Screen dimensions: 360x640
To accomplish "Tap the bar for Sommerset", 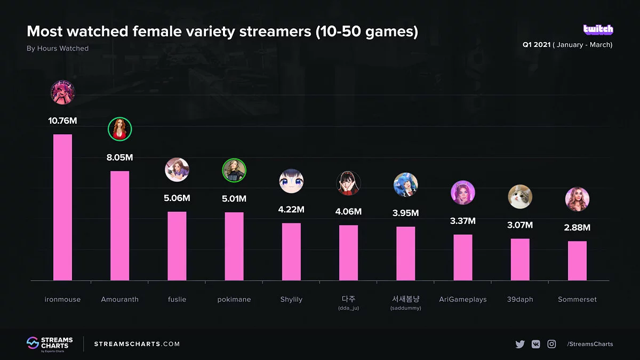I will (577, 261).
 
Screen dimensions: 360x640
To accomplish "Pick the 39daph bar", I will (520, 259).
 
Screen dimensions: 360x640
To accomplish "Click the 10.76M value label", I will (62, 121).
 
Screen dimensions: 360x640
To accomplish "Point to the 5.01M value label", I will (234, 199).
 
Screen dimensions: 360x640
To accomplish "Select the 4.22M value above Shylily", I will (291, 210).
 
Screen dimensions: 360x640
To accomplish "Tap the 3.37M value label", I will (462, 221).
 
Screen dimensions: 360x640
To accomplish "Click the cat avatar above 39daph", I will (520, 196).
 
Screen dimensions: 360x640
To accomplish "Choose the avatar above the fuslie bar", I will (177, 170).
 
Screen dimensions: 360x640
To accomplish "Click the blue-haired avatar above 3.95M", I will (405, 185).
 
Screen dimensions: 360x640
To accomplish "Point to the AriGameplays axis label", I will (462, 299).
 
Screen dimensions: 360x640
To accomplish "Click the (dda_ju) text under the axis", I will (348, 308).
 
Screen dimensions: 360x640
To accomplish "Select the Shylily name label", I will (291, 299).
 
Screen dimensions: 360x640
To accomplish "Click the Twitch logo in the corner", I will (598, 30).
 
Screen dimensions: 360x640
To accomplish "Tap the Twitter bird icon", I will (520, 344).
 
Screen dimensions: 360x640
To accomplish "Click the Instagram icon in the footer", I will (551, 344).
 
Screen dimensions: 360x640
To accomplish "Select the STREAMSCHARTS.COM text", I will (137, 344).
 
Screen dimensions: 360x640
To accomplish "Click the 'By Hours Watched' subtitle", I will (58, 48).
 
